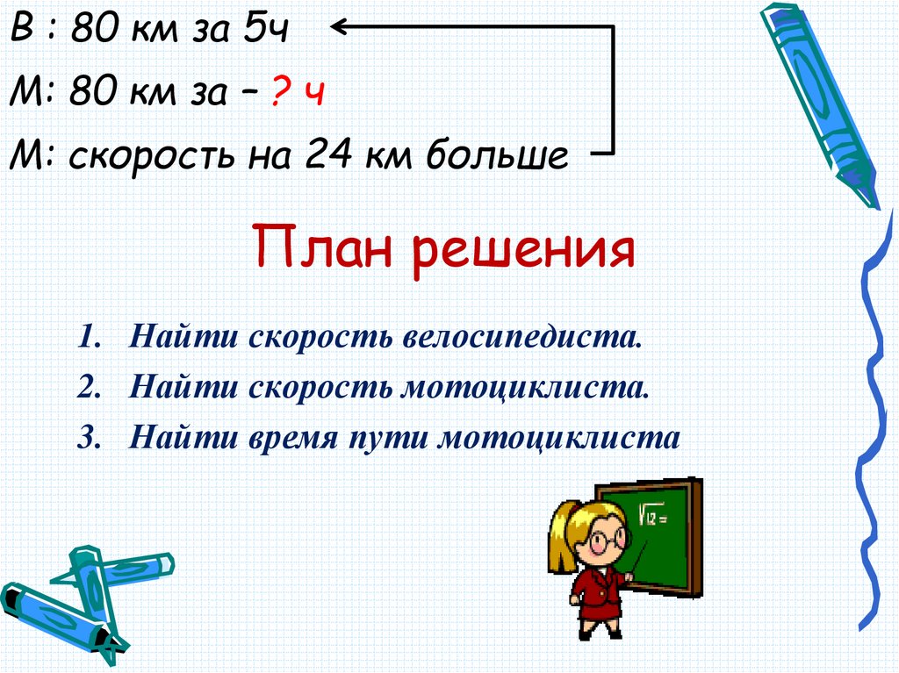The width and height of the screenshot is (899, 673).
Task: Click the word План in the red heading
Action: [x=321, y=247]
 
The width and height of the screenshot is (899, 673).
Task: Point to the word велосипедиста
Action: [x=522, y=338]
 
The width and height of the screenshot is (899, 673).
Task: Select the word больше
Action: [x=498, y=157]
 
